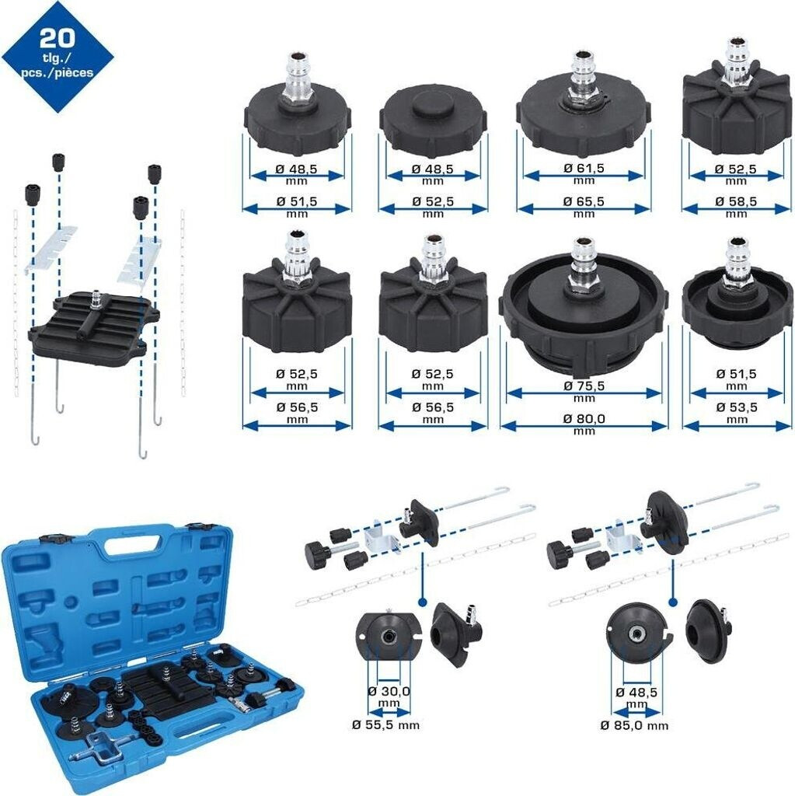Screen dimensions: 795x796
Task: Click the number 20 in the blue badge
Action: pyautogui.click(x=57, y=38)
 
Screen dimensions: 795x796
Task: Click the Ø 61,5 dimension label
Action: pyautogui.click(x=584, y=168)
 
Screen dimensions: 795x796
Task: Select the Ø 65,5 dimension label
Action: pyautogui.click(x=584, y=201)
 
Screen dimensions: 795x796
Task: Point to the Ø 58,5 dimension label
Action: pyautogui.click(x=736, y=201)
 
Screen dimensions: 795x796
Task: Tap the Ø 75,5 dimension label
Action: pyautogui.click(x=584, y=386)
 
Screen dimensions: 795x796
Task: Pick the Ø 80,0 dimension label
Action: pyautogui.click(x=584, y=419)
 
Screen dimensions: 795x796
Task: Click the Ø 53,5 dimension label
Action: pyautogui.click(x=736, y=407)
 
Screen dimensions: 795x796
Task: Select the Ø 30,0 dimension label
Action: pyautogui.click(x=389, y=691)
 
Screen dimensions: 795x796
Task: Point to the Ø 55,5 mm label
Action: pyautogui.click(x=385, y=725)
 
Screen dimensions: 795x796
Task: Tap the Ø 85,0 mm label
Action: pyautogui.click(x=634, y=725)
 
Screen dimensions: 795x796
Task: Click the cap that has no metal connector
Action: pyautogui.click(x=433, y=122)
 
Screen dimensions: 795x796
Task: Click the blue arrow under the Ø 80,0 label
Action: pyautogui.click(x=584, y=427)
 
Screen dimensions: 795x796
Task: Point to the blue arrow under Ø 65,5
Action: pyautogui.click(x=584, y=208)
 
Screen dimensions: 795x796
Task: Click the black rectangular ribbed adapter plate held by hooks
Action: pyautogui.click(x=93, y=323)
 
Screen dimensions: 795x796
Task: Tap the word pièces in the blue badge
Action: pyautogui.click(x=75, y=72)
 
